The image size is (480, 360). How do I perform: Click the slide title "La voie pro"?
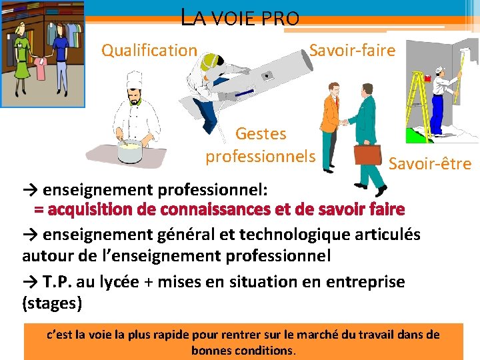tap(241, 17)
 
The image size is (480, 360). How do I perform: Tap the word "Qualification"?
tap(149, 50)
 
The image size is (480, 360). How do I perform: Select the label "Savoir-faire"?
tap(352, 50)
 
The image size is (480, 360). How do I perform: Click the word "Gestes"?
tap(261, 134)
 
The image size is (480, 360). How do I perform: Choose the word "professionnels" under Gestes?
tap(260, 157)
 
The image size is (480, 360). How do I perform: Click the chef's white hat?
tap(135, 79)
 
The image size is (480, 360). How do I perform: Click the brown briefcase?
tap(367, 155)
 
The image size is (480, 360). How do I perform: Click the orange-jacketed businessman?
tap(329, 127)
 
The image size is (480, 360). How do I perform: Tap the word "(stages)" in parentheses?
tap(52, 304)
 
